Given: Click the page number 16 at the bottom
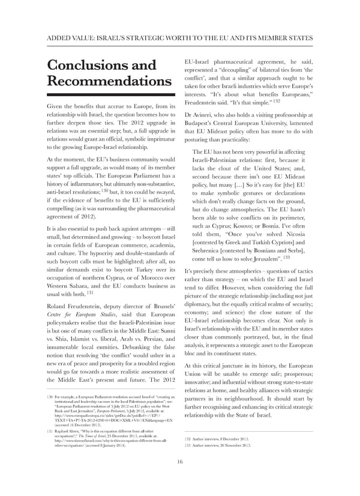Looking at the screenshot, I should pos(179,479).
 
